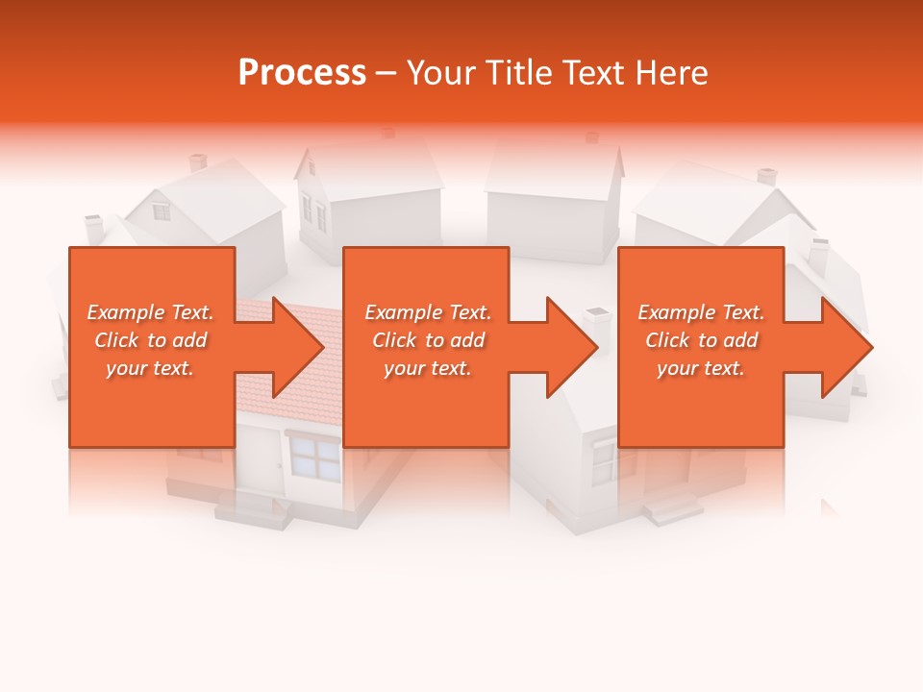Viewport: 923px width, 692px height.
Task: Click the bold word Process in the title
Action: coord(302,72)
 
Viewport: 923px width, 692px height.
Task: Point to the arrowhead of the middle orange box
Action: coord(570,347)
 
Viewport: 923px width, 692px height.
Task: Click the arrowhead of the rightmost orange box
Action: coord(845,347)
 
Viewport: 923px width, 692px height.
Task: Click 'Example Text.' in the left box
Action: coord(151,312)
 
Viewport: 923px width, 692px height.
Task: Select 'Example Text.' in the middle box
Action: coord(428,312)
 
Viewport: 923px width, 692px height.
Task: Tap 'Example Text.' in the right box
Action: coord(701,312)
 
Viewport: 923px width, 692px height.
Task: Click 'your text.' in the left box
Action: coord(151,368)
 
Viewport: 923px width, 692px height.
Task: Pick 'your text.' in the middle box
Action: coord(428,368)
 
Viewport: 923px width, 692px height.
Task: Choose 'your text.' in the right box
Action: coord(701,368)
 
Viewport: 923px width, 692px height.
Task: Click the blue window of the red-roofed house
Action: coord(314,457)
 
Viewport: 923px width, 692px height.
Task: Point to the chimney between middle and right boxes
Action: coord(598,327)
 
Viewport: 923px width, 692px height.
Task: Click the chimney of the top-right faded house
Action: coord(766,177)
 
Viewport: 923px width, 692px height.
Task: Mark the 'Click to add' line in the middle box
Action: coord(428,340)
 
